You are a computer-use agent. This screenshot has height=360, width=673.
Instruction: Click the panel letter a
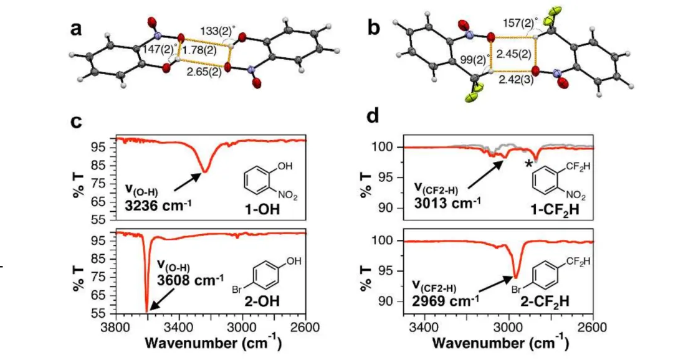coord(77,29)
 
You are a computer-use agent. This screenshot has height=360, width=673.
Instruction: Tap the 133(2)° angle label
coord(217,31)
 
